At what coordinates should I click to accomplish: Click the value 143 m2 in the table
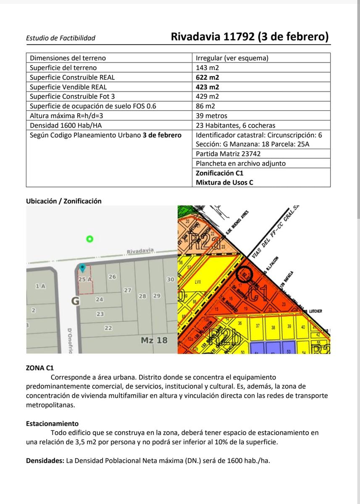click(208, 68)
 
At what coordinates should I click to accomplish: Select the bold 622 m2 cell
click(208, 77)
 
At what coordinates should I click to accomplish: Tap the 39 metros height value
click(212, 115)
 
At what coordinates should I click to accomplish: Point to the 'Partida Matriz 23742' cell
click(228, 154)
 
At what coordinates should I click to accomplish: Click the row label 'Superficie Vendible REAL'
click(68, 87)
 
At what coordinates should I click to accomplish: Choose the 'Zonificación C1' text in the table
click(220, 173)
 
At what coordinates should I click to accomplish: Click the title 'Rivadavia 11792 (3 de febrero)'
click(250, 37)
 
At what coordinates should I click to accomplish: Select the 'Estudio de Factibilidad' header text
click(60, 38)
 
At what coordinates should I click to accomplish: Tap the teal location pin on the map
click(83, 267)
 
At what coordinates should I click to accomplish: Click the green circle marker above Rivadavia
click(89, 239)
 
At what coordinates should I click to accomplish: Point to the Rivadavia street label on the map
click(140, 251)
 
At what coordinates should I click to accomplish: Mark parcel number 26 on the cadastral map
click(112, 277)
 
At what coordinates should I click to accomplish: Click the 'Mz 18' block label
click(154, 340)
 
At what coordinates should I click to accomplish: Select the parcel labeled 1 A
click(40, 286)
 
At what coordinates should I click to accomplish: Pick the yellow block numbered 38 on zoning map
click(273, 328)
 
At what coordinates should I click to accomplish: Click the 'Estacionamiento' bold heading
click(52, 424)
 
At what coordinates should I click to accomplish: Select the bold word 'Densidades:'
click(45, 461)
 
